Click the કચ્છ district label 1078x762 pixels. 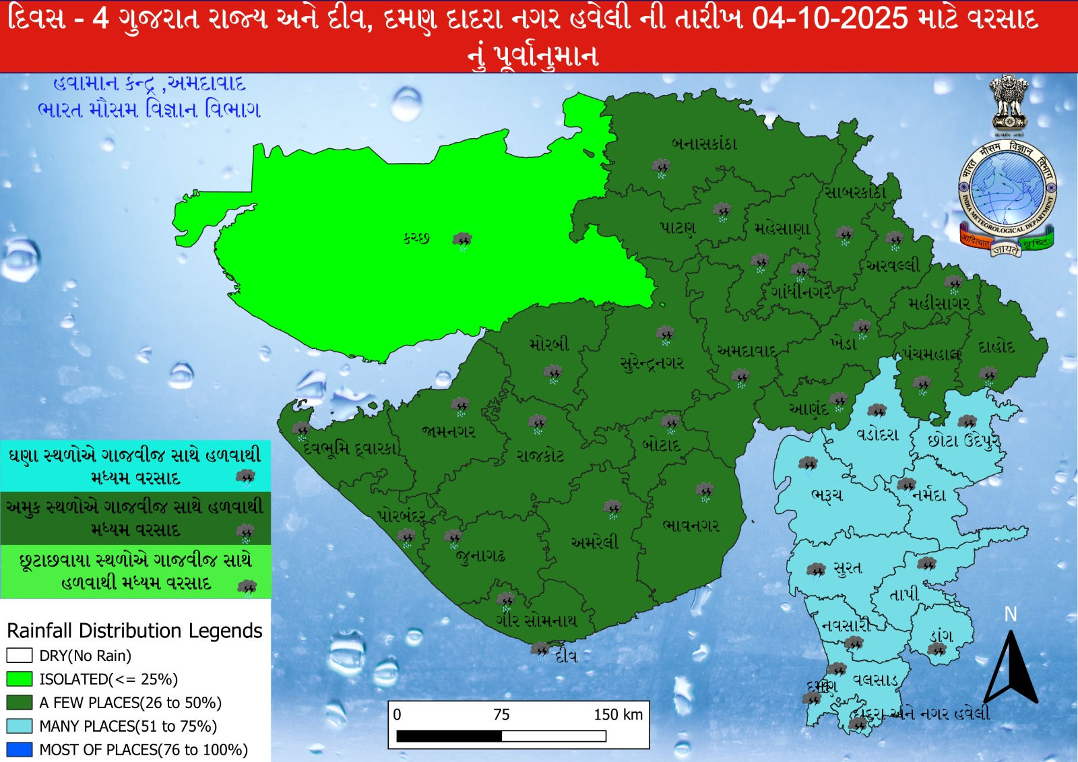[416, 238]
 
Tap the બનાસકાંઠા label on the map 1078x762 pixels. [705, 144]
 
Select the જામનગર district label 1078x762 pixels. [449, 431]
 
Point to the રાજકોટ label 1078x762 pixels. [540, 455]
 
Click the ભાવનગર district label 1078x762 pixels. [691, 525]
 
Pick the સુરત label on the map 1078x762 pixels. [848, 568]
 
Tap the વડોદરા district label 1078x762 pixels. [877, 435]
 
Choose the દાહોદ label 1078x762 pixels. [996, 348]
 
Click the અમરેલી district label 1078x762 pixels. [594, 542]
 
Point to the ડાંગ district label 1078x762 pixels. [941, 635]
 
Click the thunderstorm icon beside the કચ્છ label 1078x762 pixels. [462, 241]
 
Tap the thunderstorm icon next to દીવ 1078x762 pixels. [540, 650]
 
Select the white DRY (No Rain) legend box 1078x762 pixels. [20, 656]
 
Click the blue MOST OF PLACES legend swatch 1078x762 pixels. [20, 749]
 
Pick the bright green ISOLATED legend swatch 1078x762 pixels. [20, 678]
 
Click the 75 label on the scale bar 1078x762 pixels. [501, 715]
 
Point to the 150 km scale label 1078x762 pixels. [618, 715]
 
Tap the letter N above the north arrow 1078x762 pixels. [1010, 614]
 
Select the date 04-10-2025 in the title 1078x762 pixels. [830, 18]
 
